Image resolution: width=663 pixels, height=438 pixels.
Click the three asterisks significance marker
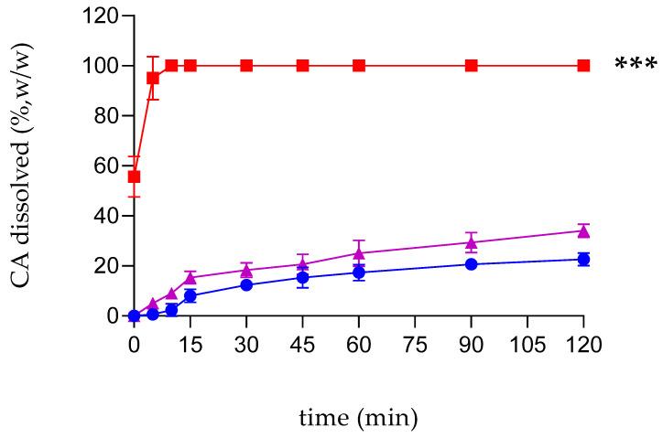635,66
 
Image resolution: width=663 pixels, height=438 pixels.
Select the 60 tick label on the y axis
106,166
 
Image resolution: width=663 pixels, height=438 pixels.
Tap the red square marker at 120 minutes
583,66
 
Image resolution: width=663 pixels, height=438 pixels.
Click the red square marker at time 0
134,176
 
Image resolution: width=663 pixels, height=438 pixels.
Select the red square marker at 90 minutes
471,66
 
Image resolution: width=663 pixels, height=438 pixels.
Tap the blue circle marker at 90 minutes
471,264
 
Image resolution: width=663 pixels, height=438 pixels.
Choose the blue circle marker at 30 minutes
246,284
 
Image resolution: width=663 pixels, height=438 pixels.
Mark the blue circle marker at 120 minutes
583,260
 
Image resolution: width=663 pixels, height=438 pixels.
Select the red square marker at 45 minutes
302,66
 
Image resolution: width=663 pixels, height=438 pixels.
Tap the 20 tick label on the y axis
106,266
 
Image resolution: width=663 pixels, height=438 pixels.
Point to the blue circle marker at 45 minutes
302,278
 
